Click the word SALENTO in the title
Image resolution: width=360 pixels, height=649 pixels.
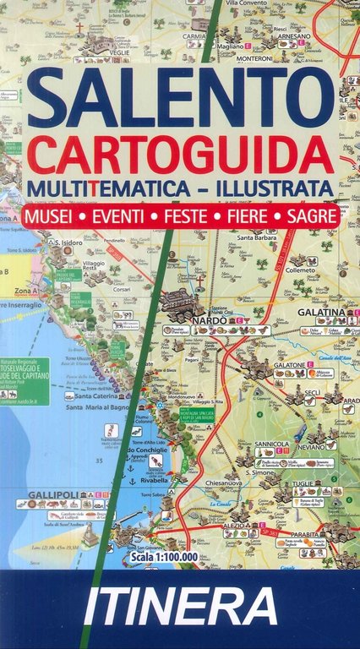[180, 99]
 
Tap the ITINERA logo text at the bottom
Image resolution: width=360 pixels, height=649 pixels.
[180, 608]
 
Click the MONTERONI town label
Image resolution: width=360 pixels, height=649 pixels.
[254, 58]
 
